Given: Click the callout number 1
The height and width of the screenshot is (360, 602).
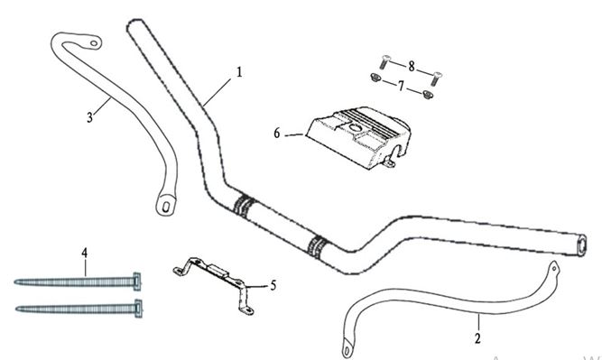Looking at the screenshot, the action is pos(239,72).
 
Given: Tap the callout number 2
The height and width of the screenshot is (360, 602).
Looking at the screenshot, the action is pos(477,338).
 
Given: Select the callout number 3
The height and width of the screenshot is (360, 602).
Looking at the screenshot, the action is pos(89,117).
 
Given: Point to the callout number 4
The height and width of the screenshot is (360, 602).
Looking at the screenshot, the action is pos(85,253).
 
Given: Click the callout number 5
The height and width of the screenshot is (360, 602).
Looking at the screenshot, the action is pos(273,285).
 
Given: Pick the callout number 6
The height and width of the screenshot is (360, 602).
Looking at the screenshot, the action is pos(277,134).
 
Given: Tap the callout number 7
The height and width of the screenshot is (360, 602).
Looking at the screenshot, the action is pos(401,86).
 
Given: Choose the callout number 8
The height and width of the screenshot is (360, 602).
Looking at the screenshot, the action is pos(412,67).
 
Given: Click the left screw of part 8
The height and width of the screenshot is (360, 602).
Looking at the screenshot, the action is pos(384,61).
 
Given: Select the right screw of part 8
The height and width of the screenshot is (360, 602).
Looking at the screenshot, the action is pos(436,78).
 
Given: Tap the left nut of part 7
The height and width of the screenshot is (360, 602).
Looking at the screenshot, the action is pos(375,78).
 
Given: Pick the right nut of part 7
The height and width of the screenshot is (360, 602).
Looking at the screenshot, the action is pos(427,94).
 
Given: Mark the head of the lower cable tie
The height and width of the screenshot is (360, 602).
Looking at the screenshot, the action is pos(139,309).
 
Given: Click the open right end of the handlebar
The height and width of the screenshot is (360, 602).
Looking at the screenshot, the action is pos(582,245).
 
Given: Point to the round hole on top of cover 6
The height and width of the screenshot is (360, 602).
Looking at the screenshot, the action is pos(355,128).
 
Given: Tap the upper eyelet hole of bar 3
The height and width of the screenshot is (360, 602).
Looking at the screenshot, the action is pos(94,43).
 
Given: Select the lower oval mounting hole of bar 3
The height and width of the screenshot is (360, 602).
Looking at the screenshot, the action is pos(166,208).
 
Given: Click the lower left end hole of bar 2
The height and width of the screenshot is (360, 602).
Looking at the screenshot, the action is pos(347,352).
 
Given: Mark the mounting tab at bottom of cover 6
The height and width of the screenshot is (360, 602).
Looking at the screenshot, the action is pos(389,164).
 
